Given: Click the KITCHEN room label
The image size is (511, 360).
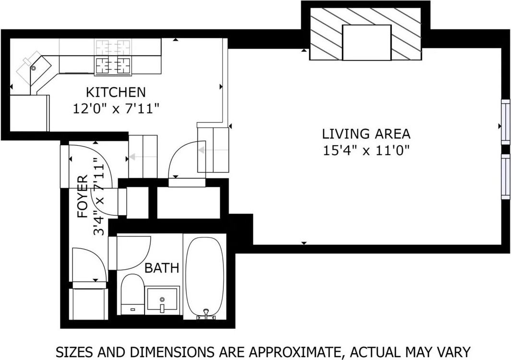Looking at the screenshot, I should coord(115,91).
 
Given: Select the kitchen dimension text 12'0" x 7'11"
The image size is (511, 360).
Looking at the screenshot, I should coord(115,109).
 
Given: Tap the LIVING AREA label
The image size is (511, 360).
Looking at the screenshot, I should coord(366,134).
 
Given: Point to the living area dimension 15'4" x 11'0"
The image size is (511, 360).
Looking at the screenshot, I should coord(366,151).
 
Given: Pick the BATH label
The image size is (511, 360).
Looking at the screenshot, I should coord(162,268).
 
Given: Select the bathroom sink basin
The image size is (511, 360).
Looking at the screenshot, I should coord(162,299).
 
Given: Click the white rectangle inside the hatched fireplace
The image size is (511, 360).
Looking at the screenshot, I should coord(366,43).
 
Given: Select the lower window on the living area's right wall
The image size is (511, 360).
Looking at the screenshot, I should coord(505,176).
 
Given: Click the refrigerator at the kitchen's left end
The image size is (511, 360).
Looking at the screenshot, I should coord(29,113).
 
